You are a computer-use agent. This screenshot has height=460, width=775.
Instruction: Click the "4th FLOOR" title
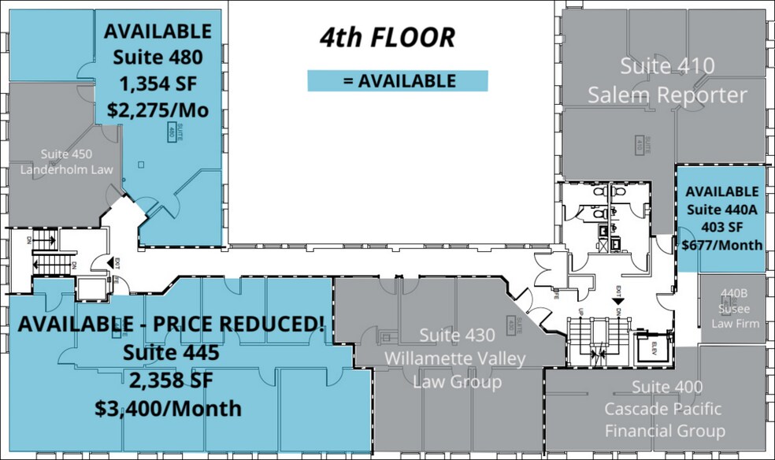(387, 38)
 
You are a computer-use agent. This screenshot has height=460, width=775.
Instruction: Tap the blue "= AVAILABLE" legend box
(398, 81)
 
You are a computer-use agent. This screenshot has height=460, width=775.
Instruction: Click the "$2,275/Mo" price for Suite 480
(158, 110)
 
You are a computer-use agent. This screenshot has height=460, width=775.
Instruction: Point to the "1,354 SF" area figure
(158, 83)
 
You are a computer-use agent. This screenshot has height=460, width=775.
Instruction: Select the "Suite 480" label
(158, 57)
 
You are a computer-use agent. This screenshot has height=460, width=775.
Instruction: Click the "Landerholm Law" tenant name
(77, 169)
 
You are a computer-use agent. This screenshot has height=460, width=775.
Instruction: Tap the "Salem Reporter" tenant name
(667, 95)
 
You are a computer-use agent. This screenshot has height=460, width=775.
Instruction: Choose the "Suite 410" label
(667, 66)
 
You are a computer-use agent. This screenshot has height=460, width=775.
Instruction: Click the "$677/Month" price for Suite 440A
(723, 245)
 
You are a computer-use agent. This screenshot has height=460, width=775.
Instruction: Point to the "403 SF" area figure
(723, 227)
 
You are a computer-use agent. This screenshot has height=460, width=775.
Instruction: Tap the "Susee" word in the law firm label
(732, 309)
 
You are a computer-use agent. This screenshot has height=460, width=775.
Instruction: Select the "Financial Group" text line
(665, 431)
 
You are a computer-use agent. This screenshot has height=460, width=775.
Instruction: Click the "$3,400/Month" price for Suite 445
(168, 410)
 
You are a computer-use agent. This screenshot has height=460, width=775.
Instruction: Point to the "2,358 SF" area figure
(168, 380)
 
